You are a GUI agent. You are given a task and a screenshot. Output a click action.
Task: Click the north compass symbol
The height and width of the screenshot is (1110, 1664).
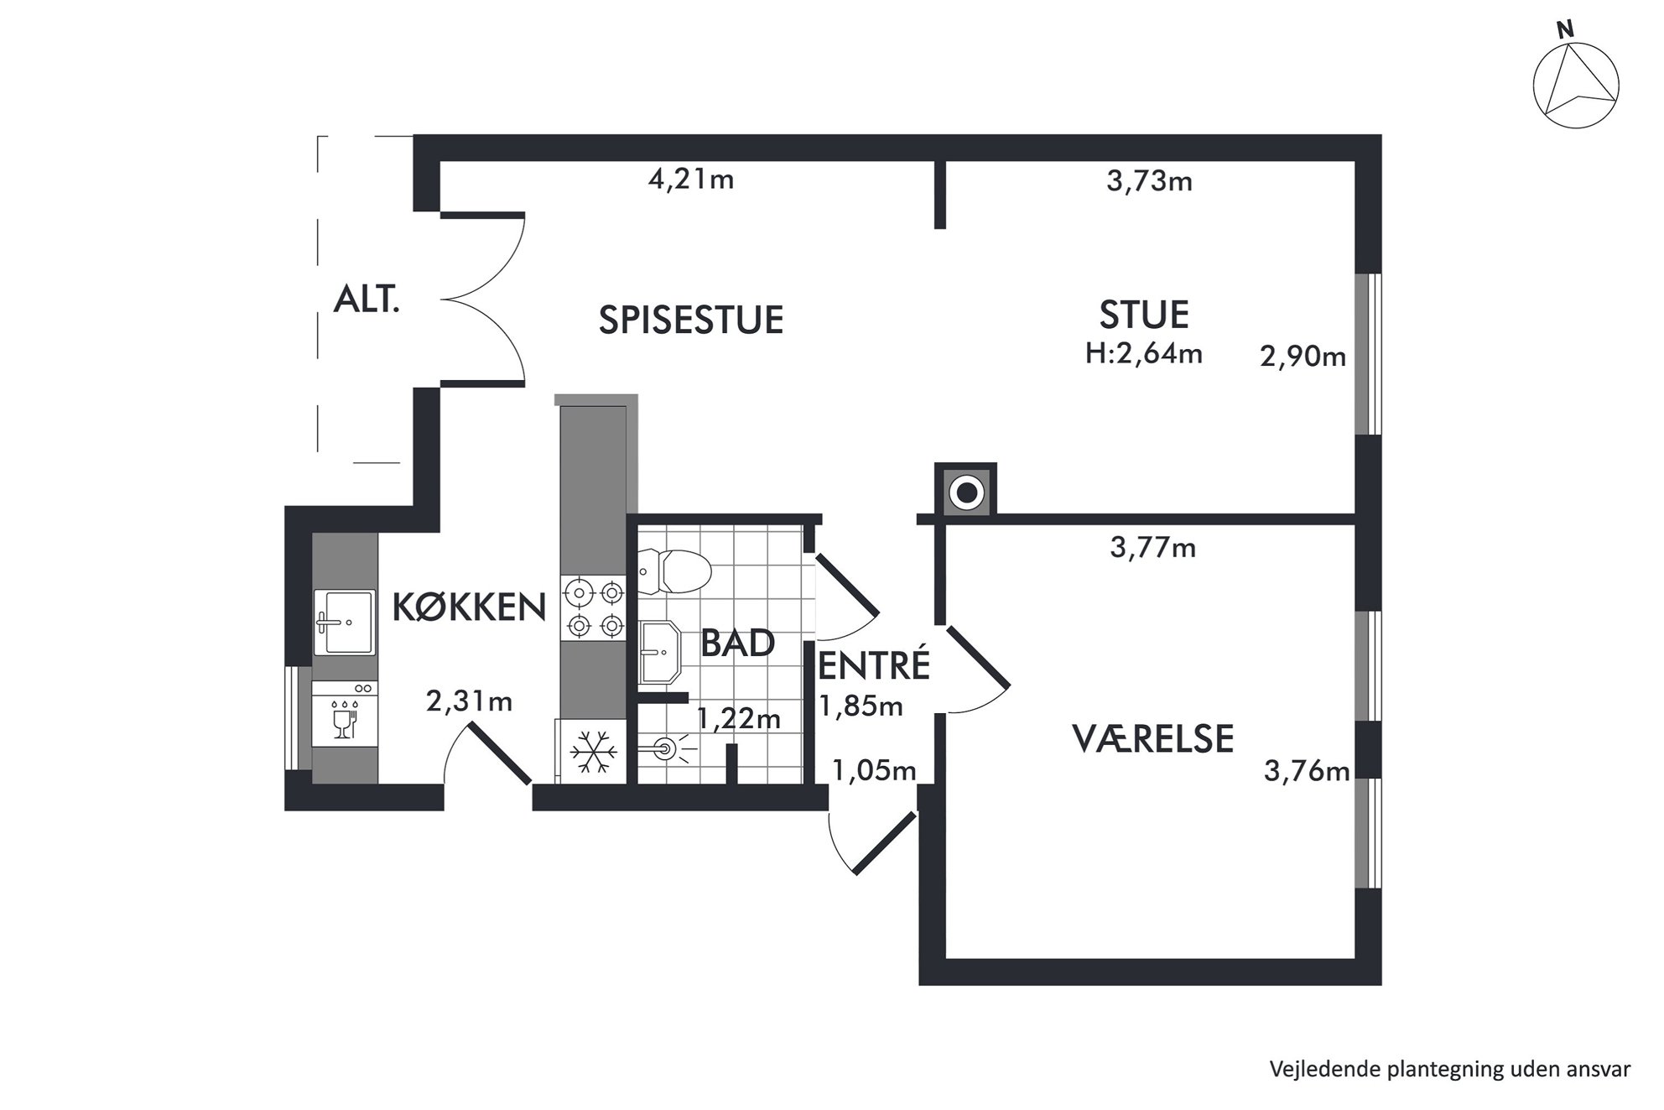click(1576, 85)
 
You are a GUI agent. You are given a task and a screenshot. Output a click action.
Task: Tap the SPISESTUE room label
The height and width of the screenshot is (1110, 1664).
click(691, 320)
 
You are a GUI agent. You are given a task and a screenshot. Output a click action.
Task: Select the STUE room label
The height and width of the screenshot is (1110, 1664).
click(1144, 315)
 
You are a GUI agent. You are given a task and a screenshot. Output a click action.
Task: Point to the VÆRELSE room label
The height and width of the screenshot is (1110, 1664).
click(1152, 739)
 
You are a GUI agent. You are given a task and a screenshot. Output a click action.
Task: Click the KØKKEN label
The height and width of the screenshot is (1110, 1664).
click(469, 607)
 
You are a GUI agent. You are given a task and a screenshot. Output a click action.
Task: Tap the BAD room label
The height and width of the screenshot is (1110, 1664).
click(737, 644)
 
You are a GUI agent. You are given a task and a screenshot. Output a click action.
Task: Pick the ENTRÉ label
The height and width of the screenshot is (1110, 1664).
click(874, 664)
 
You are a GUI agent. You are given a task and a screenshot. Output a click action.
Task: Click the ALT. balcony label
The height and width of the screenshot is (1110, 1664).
click(367, 299)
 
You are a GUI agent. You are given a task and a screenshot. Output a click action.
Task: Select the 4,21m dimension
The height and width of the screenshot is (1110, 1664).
click(691, 180)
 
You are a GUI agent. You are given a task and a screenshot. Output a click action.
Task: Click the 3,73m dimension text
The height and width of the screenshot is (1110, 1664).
click(1149, 181)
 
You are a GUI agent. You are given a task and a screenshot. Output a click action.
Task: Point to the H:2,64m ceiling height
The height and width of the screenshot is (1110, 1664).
click(1144, 353)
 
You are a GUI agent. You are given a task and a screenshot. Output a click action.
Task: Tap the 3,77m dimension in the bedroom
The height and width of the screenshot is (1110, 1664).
click(1153, 548)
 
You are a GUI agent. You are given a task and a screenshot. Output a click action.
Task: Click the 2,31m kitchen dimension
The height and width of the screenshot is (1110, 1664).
click(469, 701)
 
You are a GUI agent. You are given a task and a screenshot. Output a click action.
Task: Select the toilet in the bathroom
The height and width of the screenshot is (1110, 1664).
click(674, 572)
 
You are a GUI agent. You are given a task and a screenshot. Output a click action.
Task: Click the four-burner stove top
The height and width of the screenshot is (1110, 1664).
click(594, 608)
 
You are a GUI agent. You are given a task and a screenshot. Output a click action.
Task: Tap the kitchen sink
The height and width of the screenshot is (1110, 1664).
click(344, 622)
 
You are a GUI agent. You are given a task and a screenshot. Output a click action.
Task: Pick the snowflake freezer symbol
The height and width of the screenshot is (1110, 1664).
click(593, 752)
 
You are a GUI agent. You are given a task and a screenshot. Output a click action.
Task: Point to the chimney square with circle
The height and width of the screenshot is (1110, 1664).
click(966, 492)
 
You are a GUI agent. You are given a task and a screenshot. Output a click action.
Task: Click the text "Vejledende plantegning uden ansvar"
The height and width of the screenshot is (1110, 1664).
click(1450, 1070)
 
